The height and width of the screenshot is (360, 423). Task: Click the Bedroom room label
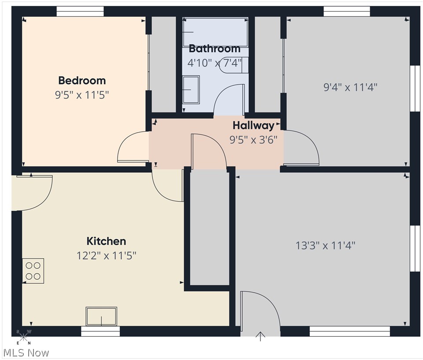coord(82,81)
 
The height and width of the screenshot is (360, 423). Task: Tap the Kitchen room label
coord(106,241)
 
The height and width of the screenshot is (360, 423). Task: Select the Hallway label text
coord(253,126)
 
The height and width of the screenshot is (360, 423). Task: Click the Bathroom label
coord(215,48)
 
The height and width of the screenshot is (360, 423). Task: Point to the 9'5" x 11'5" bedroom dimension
coord(82,95)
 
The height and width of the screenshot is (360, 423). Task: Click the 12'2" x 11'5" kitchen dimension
coord(106,256)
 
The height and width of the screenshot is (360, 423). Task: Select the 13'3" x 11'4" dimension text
coord(325,245)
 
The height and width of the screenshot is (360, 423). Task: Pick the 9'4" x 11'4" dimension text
coord(350,87)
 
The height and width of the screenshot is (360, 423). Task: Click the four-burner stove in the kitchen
coord(33,271)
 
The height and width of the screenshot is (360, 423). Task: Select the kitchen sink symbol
coord(101,316)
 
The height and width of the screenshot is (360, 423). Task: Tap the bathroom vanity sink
coord(191,89)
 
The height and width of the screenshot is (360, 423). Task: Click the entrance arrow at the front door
coord(260,337)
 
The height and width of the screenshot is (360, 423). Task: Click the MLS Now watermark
coord(26,353)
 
